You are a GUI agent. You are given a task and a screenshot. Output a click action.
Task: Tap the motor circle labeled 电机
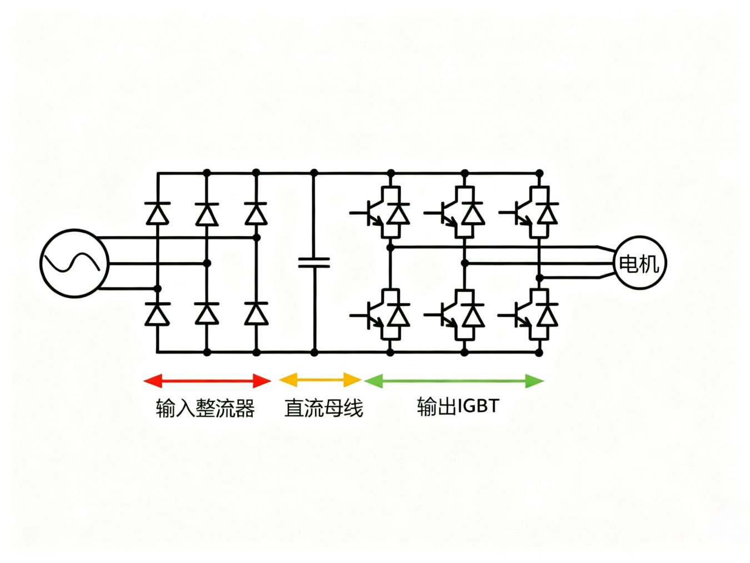[639, 263]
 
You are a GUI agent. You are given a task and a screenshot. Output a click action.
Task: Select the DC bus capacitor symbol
[314, 262]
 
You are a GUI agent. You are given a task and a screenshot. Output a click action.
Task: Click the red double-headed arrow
[207, 381]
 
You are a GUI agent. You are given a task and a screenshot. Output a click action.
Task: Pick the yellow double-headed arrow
[321, 380]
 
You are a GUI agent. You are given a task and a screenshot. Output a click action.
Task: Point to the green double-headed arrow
[453, 381]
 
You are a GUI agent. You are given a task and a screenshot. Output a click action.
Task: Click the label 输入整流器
[205, 408]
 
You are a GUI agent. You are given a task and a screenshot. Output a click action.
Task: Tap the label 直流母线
[323, 408]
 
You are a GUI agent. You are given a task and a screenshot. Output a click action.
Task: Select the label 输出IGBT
[458, 406]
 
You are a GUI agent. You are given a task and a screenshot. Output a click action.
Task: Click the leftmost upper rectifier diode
[157, 213]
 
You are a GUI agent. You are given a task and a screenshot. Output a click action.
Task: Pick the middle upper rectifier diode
[207, 213]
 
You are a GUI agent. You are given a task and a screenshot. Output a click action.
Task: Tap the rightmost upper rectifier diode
[256, 213]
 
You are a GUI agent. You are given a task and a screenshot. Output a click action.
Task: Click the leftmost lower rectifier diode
[157, 314]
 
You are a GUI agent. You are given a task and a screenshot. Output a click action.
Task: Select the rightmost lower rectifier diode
[256, 314]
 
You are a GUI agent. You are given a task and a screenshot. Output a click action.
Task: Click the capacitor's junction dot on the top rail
[314, 173]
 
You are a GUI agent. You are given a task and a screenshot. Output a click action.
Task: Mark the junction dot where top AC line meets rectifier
[256, 238]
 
